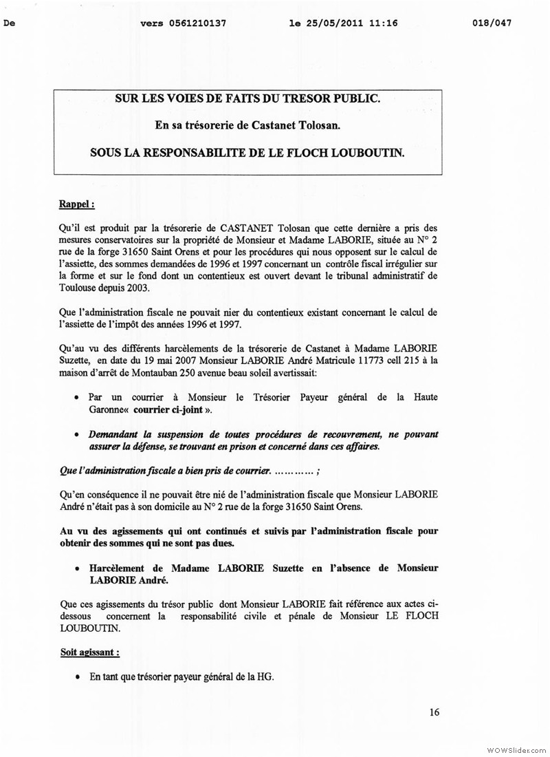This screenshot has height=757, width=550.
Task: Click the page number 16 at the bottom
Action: (434, 712)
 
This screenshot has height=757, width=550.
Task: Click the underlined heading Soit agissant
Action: (89, 652)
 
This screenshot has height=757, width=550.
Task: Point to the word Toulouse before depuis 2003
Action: (81, 286)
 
